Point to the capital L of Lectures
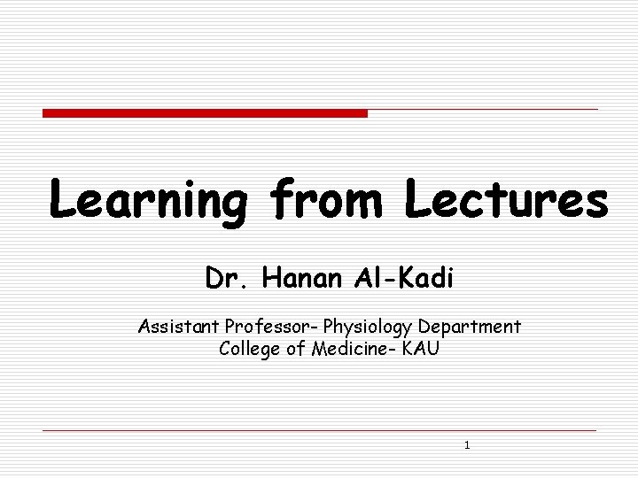(420, 199)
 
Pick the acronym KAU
(419, 348)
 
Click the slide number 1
(467, 445)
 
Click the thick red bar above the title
(205, 113)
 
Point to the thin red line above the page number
(319, 431)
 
